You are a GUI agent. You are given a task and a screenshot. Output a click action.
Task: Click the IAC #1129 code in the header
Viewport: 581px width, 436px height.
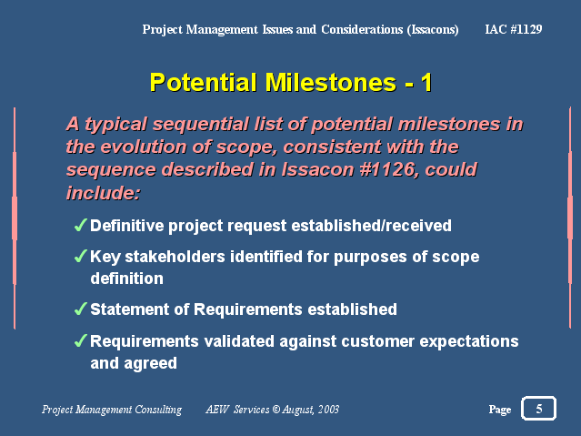514,29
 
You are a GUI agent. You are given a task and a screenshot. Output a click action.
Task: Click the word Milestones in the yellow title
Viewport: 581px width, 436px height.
331,82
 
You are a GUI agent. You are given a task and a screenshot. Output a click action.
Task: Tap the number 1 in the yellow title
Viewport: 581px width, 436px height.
426,83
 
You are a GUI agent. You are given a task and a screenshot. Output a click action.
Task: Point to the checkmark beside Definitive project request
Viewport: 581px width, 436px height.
80,225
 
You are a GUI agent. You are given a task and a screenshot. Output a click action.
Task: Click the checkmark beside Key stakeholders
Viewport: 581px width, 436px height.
80,256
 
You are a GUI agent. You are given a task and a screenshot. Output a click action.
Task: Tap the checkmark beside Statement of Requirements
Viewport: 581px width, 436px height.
80,309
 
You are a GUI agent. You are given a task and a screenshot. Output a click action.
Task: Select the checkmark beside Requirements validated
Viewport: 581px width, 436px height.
80,340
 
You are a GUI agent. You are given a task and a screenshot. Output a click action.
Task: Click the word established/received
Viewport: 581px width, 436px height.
372,226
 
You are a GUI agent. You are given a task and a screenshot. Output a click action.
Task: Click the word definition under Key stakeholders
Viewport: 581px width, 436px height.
126,279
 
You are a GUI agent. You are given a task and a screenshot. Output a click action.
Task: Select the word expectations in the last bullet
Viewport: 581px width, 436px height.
469,341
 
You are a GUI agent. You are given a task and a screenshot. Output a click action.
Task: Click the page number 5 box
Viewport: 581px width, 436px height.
539,409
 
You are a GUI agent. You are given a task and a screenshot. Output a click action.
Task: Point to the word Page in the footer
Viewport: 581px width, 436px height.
500,410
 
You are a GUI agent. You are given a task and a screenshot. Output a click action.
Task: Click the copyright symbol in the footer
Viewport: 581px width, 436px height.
276,409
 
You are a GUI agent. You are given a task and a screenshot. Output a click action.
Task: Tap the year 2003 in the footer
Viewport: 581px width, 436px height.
328,410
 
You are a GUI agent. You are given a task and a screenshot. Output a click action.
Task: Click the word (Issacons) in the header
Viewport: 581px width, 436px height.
433,29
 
